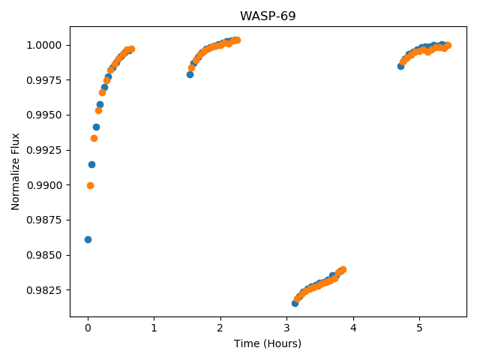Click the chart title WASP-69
(268, 16)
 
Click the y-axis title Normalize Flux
(15, 172)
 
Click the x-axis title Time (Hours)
(268, 343)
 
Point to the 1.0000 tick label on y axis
(44, 45)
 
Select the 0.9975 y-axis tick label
(44, 80)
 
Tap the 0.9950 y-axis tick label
(44, 115)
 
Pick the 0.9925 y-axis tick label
(44, 150)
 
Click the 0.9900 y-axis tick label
(44, 185)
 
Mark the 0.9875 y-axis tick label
(44, 220)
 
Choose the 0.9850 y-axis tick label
(44, 255)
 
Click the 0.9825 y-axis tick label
(44, 290)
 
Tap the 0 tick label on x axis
(88, 328)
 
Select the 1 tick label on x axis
(154, 328)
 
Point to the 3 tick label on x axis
(286, 328)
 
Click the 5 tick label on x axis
(419, 328)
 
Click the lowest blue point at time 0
(88, 239)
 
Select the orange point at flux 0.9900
(90, 185)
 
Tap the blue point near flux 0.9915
(91, 165)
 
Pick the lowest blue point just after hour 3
(295, 303)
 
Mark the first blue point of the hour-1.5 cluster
(190, 74)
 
